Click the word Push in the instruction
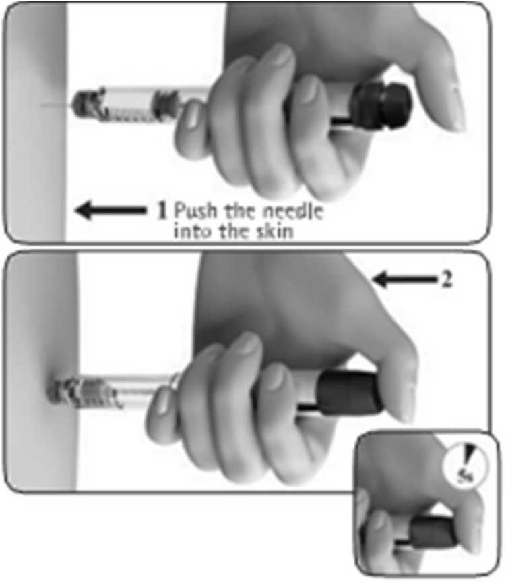[195, 211]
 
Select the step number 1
[162, 211]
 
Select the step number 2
[447, 279]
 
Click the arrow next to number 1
[110, 210]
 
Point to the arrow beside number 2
[405, 279]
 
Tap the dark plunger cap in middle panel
[349, 393]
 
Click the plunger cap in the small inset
[433, 531]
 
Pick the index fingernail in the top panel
[192, 118]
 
